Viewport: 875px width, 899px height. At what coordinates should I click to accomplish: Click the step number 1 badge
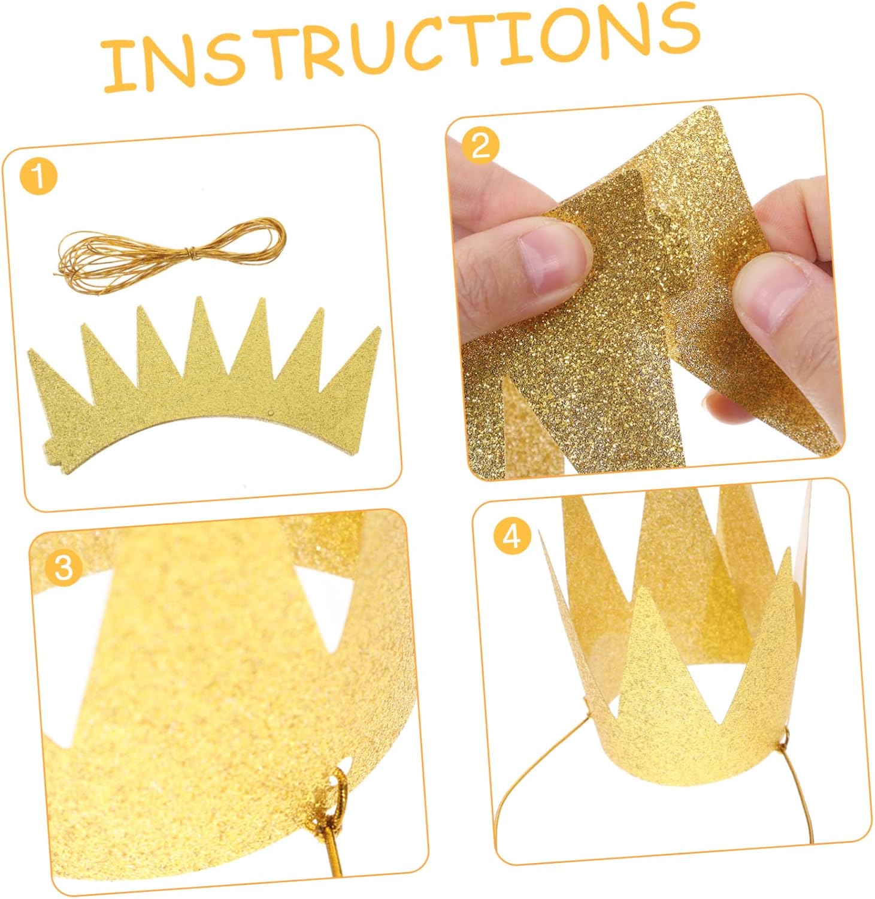(38, 177)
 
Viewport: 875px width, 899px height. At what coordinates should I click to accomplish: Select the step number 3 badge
(63, 566)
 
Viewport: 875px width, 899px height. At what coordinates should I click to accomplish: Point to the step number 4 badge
(512, 537)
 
